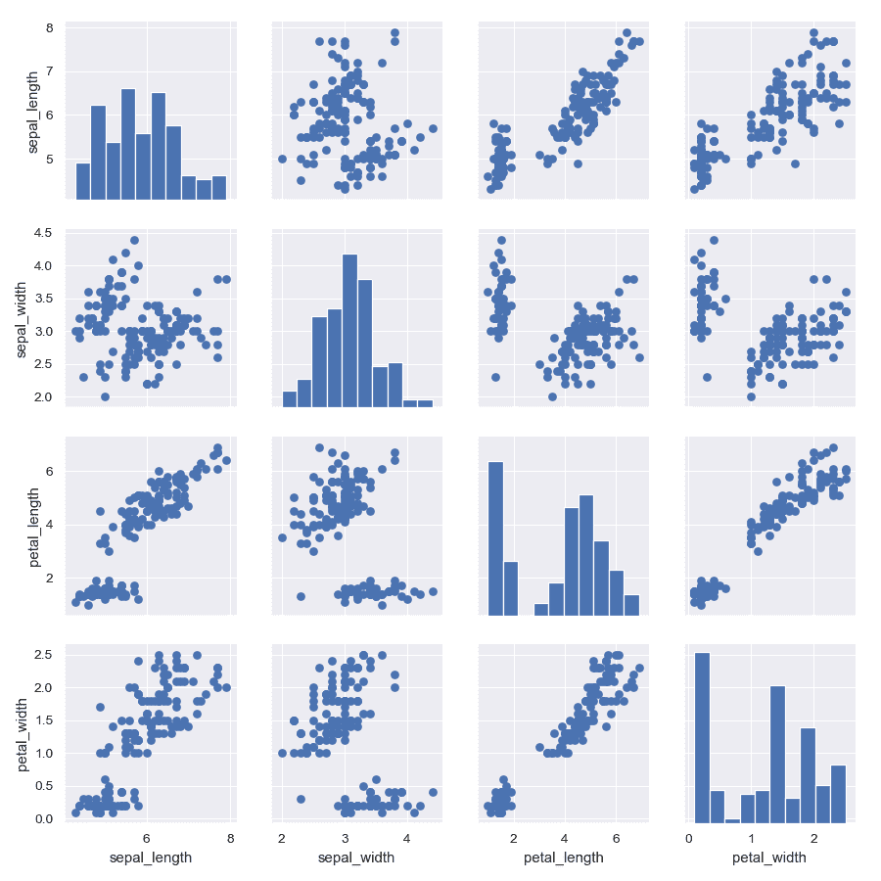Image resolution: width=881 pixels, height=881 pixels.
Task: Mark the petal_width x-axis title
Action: (x=769, y=858)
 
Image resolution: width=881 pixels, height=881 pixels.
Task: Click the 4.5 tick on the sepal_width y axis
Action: (x=45, y=233)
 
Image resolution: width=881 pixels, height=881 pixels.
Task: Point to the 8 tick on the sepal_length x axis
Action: (x=230, y=838)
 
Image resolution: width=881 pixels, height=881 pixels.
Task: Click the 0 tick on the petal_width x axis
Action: (x=689, y=838)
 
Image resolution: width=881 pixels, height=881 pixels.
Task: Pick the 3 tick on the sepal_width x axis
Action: (x=345, y=838)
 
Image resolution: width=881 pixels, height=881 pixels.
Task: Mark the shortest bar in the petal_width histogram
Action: (x=732, y=820)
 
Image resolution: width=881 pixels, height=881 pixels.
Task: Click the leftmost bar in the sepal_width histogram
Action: (x=289, y=398)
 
